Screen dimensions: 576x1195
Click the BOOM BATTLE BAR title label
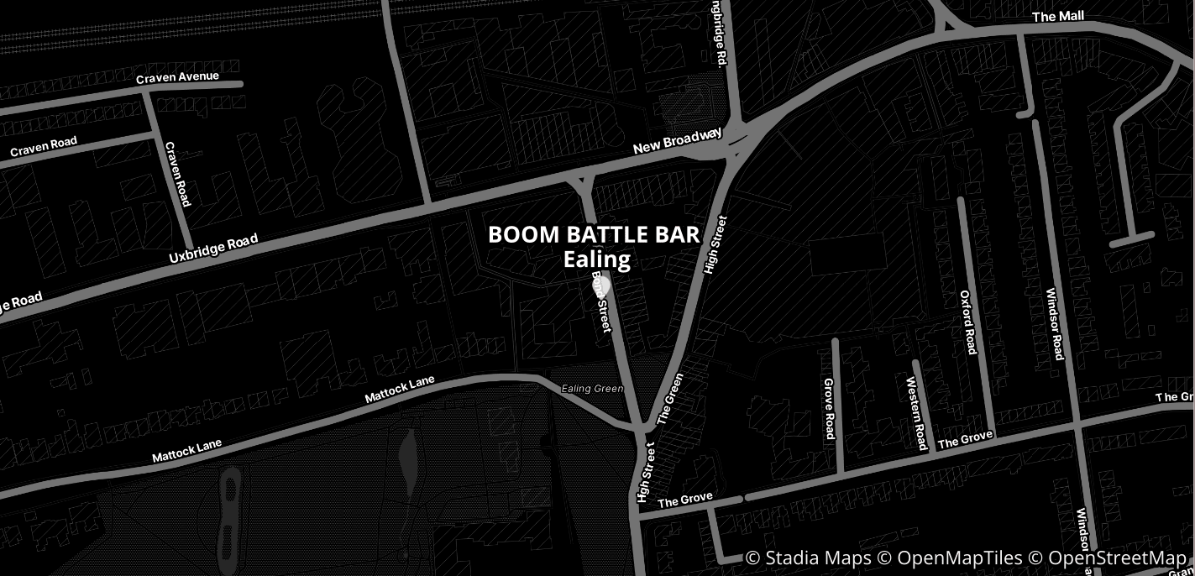click(594, 234)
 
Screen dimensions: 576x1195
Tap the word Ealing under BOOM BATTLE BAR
click(596, 259)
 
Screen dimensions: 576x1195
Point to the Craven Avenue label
click(177, 77)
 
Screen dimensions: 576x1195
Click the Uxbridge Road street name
click(213, 249)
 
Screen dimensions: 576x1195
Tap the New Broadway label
click(677, 141)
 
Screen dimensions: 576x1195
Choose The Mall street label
click(1058, 17)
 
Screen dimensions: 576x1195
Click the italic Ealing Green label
click(592, 389)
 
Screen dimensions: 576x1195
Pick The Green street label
click(671, 398)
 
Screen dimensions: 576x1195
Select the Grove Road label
click(829, 408)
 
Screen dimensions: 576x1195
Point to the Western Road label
click(916, 413)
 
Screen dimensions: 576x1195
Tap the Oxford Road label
click(968, 322)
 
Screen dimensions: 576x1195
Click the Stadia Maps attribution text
click(809, 558)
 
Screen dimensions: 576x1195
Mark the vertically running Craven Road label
click(178, 174)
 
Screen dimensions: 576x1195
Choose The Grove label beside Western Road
click(965, 438)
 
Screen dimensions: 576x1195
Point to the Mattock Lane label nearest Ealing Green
click(400, 390)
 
